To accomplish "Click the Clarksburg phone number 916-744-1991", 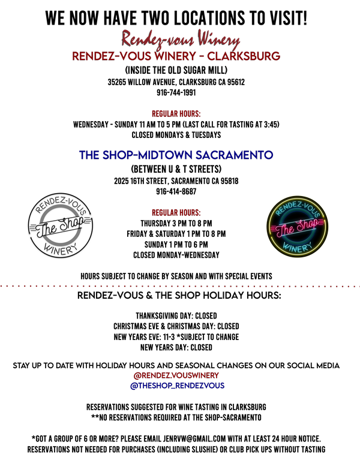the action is point(176,92).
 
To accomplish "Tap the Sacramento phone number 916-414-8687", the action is point(176,191).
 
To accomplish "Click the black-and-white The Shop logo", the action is point(61,225).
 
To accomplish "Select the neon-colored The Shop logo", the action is point(297,227).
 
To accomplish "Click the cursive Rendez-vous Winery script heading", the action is point(181,40).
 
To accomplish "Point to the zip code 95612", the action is point(236,82).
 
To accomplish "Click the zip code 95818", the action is point(229,181).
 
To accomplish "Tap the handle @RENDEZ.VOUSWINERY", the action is point(176,375).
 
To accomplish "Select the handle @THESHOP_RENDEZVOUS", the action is point(177,386).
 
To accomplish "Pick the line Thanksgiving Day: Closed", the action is point(176,315).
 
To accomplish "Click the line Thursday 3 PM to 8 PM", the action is point(176,223).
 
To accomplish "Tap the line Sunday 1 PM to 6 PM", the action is point(176,245).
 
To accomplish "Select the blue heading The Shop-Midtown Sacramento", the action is point(176,155).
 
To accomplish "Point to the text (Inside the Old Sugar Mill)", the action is point(176,70).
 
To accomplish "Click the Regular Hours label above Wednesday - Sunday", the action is point(176,114).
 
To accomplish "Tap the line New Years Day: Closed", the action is point(176,347).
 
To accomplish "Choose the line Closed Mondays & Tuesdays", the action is point(176,135).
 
